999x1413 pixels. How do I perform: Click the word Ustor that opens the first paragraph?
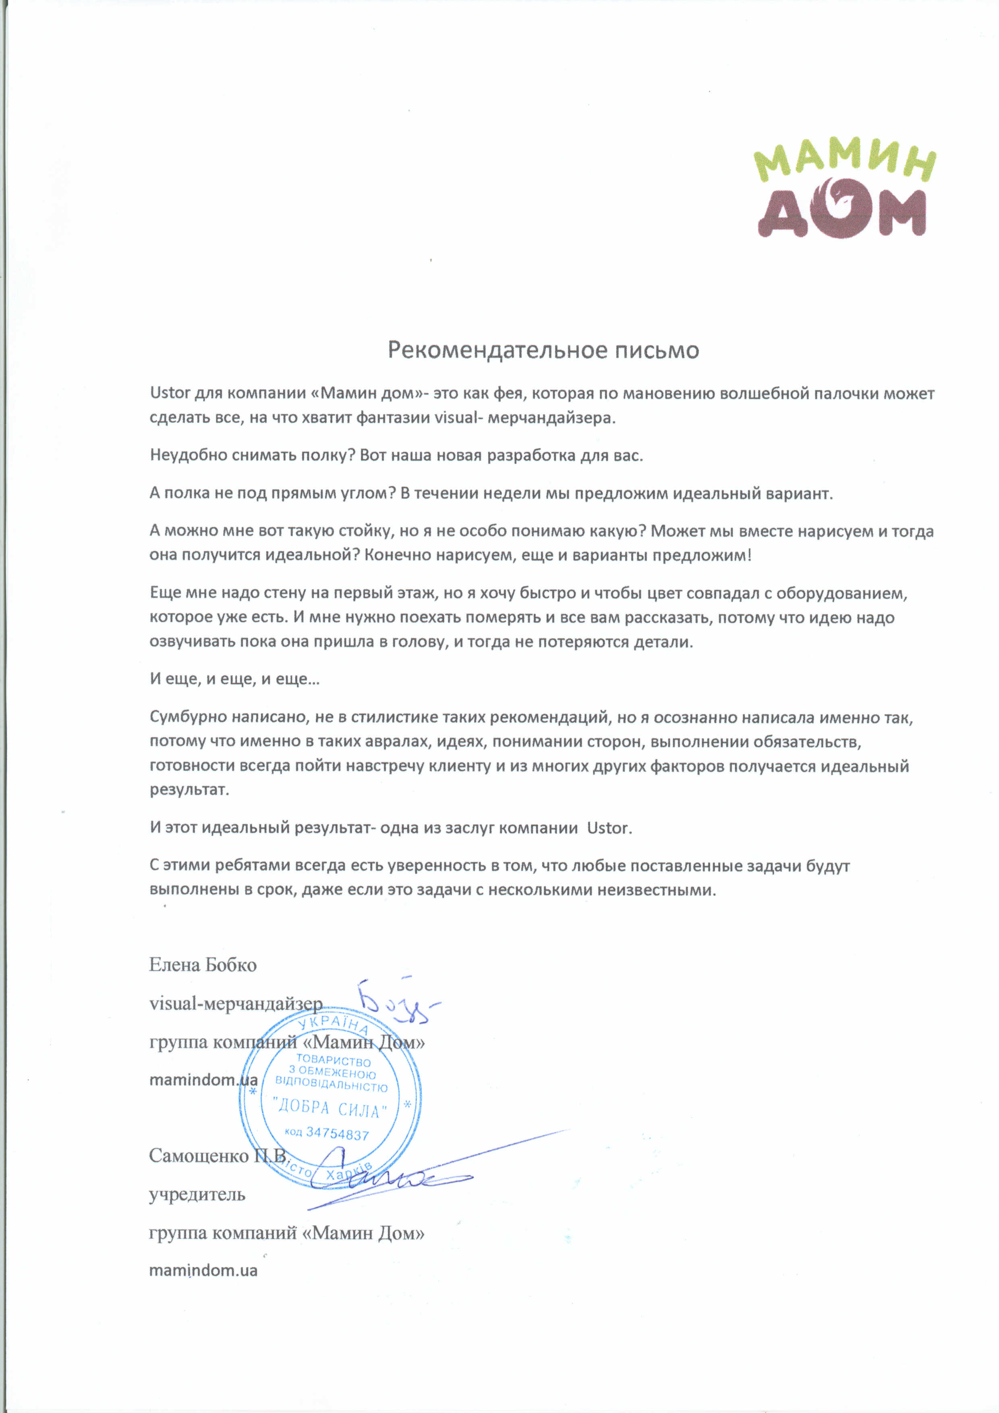point(170,393)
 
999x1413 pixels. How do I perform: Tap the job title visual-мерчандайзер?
point(236,1004)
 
